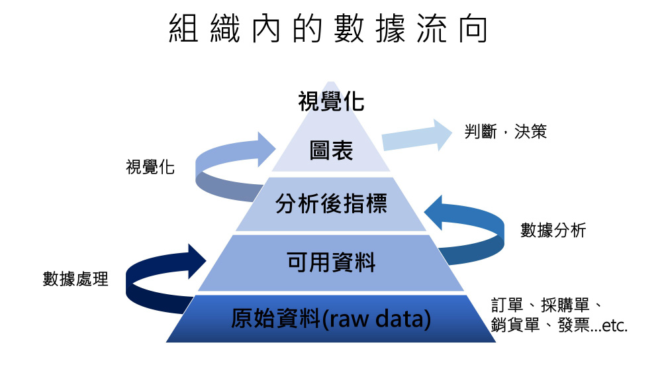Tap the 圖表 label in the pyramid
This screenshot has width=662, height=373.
pyautogui.click(x=331, y=151)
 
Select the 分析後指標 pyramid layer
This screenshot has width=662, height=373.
pyautogui.click(x=331, y=204)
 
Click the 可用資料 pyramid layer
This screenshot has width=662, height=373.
pyautogui.click(x=331, y=262)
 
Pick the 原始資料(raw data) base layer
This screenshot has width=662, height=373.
pyautogui.click(x=331, y=319)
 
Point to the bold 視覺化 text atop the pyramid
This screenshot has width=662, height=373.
pyautogui.click(x=331, y=103)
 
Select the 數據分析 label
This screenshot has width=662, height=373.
pyautogui.click(x=553, y=230)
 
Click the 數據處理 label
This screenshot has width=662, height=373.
pyautogui.click(x=75, y=279)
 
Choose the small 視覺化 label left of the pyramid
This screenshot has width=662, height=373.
pyautogui.click(x=150, y=167)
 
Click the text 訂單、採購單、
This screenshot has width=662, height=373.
pyautogui.click(x=545, y=305)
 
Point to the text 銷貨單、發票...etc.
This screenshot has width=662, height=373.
pyautogui.click(x=559, y=326)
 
